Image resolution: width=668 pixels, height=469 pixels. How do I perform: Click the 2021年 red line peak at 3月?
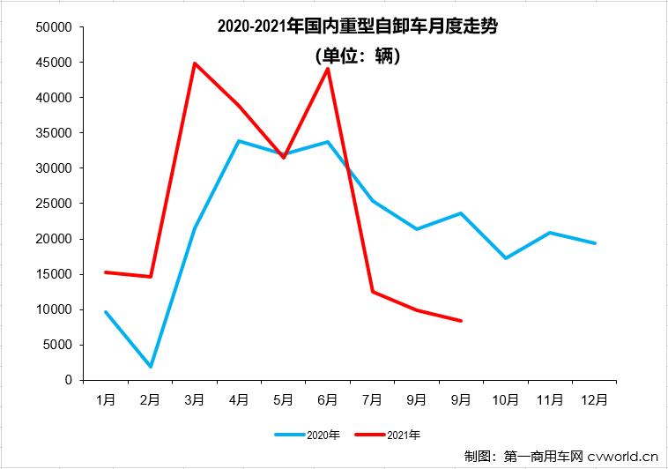(x=194, y=63)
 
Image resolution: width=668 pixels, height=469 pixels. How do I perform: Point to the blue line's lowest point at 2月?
(x=150, y=366)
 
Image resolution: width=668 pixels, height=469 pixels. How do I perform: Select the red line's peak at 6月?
(x=328, y=69)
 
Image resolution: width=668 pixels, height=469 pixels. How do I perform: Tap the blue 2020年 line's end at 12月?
(x=595, y=243)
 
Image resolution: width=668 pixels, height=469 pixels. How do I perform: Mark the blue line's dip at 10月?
(x=506, y=257)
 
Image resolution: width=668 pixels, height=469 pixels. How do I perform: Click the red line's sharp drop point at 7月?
(x=372, y=291)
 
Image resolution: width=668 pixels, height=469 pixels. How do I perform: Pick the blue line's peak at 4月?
(x=239, y=141)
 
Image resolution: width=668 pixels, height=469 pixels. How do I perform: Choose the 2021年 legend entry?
(x=388, y=435)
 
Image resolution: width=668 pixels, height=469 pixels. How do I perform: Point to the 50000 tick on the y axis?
(x=53, y=27)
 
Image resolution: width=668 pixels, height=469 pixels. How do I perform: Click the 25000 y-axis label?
(x=53, y=204)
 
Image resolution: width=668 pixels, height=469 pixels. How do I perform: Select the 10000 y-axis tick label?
(x=53, y=309)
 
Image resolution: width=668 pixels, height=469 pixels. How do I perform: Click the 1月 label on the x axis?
(x=106, y=399)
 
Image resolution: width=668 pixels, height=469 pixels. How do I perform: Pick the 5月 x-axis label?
(x=283, y=399)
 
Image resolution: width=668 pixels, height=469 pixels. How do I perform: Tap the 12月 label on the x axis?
(x=595, y=399)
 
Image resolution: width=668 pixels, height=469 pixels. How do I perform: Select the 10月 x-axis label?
(x=506, y=399)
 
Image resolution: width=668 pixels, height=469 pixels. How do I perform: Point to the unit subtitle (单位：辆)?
(x=357, y=56)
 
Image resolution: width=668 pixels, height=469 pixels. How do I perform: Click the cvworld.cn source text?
(x=624, y=456)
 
